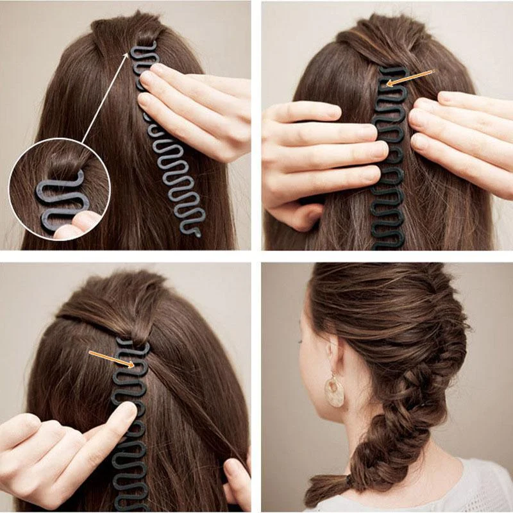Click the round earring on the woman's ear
click(334, 392)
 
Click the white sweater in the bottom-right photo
click(442, 491)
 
